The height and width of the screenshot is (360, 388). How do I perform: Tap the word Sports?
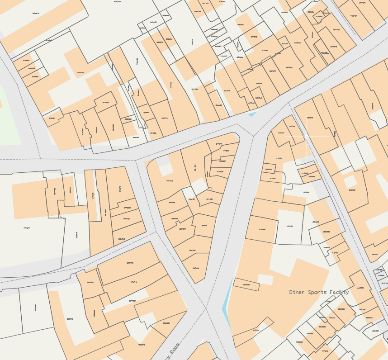tap(319, 293)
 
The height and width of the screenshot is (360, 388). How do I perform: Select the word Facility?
tap(340, 293)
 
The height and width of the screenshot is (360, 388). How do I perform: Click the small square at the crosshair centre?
tap(307, 136)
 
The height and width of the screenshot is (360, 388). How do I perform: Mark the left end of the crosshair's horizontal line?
tap(285, 136)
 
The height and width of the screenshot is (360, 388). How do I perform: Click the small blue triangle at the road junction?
tap(252, 114)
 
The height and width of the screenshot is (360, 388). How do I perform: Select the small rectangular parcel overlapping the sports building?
tap(246, 284)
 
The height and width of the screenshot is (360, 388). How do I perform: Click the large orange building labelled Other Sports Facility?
tap(289, 312)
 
